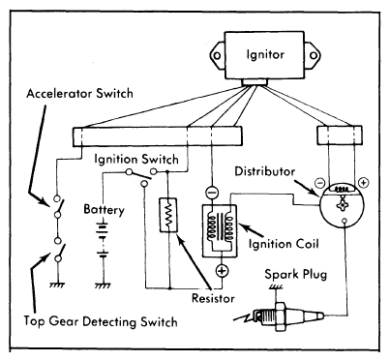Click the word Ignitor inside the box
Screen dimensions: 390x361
pyautogui.click(x=265, y=54)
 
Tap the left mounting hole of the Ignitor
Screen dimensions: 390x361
pyautogui.click(x=217, y=55)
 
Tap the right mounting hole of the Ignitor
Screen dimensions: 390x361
pyautogui.click(x=313, y=55)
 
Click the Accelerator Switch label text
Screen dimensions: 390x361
pyautogui.click(x=79, y=94)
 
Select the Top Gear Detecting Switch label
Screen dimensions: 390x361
pyautogui.click(x=101, y=321)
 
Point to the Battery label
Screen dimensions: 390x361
pyautogui.click(x=104, y=209)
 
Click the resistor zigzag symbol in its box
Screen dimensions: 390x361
pyautogui.click(x=168, y=214)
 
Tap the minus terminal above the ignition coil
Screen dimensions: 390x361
pyautogui.click(x=212, y=194)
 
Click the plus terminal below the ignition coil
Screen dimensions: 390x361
pyautogui.click(x=222, y=271)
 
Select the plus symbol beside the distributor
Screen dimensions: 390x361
pyautogui.click(x=363, y=183)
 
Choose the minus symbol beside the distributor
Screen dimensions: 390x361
pyautogui.click(x=319, y=183)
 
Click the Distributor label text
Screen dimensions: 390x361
pyautogui.click(x=264, y=171)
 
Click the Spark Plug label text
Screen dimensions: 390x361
pyautogui.click(x=295, y=275)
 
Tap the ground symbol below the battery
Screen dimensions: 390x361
pyautogui.click(x=103, y=286)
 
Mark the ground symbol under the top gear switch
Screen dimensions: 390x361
pyautogui.click(x=57, y=286)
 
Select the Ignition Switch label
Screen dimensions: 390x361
pyautogui.click(x=136, y=160)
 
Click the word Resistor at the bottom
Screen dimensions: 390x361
pyautogui.click(x=213, y=298)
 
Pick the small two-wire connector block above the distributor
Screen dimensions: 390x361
pyautogui.click(x=340, y=135)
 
